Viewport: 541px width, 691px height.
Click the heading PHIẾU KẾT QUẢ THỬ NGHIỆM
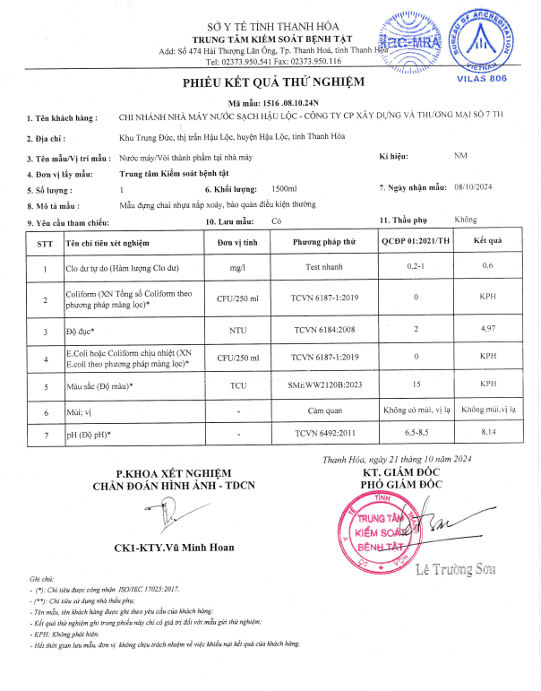click(x=270, y=82)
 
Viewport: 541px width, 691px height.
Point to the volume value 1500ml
click(x=285, y=189)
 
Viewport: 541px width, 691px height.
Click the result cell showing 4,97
click(x=488, y=331)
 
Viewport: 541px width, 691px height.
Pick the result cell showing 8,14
click(x=488, y=434)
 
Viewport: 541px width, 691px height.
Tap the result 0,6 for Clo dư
click(x=488, y=266)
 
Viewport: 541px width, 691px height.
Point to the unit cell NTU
click(x=237, y=331)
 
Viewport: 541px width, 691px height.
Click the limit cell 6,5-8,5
click(x=415, y=434)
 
